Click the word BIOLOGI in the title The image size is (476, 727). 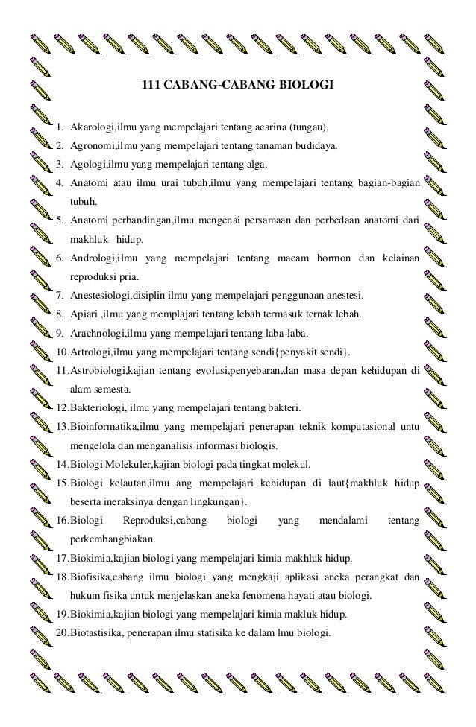pyautogui.click(x=307, y=84)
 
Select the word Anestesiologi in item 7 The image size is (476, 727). pyautogui.click(x=98, y=295)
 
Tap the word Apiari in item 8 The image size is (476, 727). pyautogui.click(x=83, y=314)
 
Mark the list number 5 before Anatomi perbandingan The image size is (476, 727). pyautogui.click(x=59, y=220)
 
